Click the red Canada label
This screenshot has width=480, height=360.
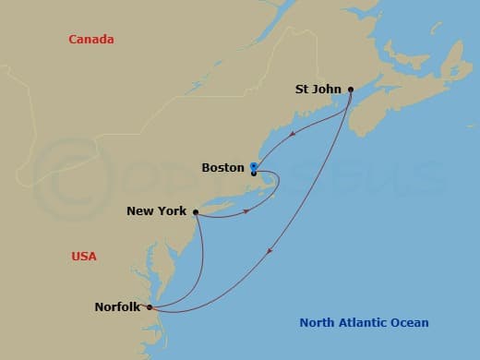point(91,39)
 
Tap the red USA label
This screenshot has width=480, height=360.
point(84,256)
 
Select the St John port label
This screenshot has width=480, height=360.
point(318,90)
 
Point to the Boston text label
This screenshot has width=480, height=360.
point(222,168)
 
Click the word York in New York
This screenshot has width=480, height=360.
point(172,211)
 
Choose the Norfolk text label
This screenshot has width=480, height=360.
point(117,307)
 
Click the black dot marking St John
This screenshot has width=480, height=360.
point(351,90)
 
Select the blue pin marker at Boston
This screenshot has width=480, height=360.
point(253,167)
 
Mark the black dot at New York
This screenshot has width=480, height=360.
point(196,211)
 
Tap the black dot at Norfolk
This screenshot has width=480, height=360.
point(150,307)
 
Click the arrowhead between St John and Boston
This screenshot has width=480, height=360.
point(293,133)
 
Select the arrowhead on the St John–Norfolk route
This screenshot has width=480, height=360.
point(268,250)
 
